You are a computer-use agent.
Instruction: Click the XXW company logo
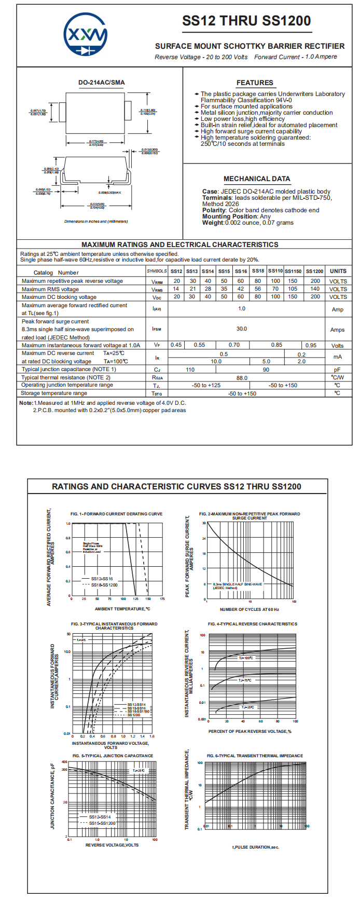pyautogui.click(x=86, y=35)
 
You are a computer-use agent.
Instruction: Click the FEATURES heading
pyautogui.click(x=255, y=83)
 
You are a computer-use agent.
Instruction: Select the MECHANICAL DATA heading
pyautogui.click(x=257, y=179)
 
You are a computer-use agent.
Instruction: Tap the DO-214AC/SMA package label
pyautogui.click(x=101, y=83)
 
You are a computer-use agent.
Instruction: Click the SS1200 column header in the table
pyautogui.click(x=314, y=271)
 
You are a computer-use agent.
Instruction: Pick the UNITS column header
pyautogui.click(x=338, y=271)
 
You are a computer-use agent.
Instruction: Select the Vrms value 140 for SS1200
pyautogui.click(x=315, y=289)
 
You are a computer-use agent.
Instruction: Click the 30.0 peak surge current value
pyautogui.click(x=242, y=329)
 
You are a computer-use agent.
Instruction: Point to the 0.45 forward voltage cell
pyautogui.click(x=176, y=345)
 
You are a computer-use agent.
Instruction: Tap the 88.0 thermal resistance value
pyautogui.click(x=242, y=378)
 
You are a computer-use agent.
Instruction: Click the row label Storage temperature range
pyautogui.click(x=54, y=393)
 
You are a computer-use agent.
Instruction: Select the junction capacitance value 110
pyautogui.click(x=190, y=370)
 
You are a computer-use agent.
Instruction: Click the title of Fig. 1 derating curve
pyautogui.click(x=117, y=514)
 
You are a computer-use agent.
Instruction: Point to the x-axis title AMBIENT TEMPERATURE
pyautogui.click(x=122, y=609)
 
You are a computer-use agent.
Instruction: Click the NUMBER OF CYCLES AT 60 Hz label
pyautogui.click(x=249, y=609)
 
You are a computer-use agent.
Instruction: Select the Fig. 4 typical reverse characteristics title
pyautogui.click(x=253, y=624)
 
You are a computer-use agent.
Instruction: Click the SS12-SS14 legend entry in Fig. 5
pyautogui.click(x=100, y=817)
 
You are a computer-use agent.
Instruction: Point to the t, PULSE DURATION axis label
pyautogui.click(x=256, y=847)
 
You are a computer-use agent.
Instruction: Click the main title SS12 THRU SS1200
pyautogui.click(x=246, y=21)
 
